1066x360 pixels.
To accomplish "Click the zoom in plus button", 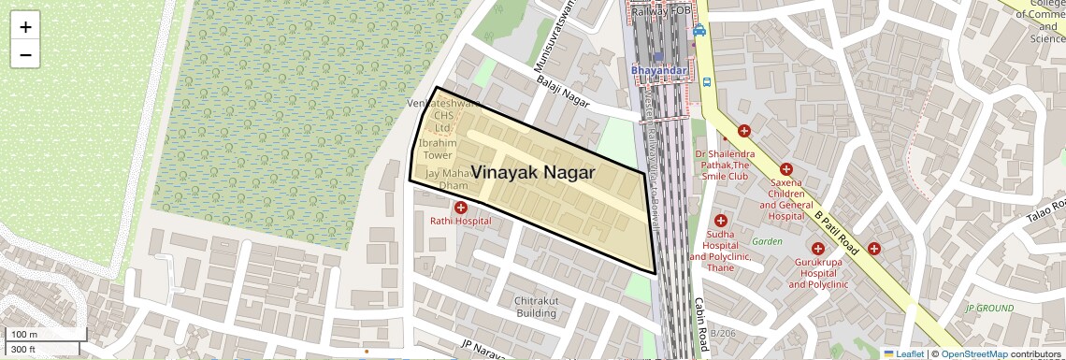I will [25, 27].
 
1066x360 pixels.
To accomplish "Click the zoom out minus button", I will [25, 55].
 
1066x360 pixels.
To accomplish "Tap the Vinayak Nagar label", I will [532, 172].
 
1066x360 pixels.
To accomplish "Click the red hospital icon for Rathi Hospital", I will [460, 207].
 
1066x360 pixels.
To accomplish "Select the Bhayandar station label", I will [659, 70].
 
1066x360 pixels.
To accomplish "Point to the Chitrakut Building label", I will [536, 307].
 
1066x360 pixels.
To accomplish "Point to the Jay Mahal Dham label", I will [446, 180].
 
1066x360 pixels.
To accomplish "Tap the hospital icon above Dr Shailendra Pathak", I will [743, 132].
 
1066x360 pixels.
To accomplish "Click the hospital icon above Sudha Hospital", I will [720, 221].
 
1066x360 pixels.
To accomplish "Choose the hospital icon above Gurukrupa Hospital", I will [817, 249].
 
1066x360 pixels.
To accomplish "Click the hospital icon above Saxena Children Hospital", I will [785, 168].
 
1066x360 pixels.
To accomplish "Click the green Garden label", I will [767, 241].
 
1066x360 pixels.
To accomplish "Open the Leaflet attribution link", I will [903, 353].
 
